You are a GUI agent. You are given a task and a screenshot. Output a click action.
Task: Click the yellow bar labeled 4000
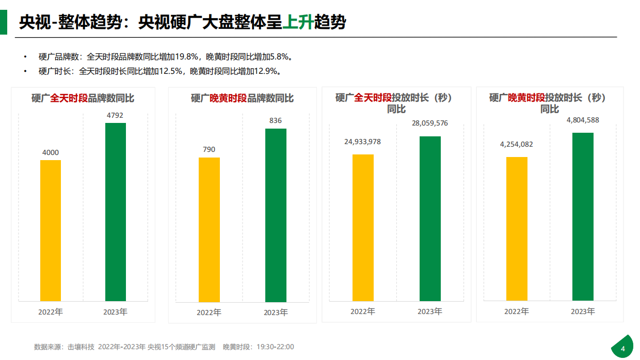[51, 230]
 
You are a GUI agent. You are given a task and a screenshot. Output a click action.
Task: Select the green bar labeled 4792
[116, 212]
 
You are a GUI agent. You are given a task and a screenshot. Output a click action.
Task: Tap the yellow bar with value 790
[209, 229]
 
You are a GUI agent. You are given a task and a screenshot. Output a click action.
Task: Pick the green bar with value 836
[276, 215]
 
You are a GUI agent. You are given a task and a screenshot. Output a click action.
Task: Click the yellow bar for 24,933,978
[363, 227]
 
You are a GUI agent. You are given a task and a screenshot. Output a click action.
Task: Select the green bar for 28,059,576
[430, 218]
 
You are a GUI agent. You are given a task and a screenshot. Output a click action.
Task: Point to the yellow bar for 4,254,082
[517, 228]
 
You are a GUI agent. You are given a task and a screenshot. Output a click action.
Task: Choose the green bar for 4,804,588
[583, 216]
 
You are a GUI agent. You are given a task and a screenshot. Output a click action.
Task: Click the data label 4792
[115, 115]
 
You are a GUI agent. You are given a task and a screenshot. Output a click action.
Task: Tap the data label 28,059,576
[430, 123]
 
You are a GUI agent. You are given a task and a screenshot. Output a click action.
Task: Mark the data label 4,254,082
[516, 144]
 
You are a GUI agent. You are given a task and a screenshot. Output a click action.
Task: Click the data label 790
[209, 150]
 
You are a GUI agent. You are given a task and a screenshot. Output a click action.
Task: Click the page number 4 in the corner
[622, 349]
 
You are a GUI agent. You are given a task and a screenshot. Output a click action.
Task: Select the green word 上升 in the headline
[298, 22]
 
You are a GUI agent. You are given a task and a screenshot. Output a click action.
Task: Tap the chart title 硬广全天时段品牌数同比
[83, 98]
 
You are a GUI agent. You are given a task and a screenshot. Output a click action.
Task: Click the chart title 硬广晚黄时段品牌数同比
[242, 98]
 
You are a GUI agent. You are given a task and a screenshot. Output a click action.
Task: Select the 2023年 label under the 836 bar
[276, 312]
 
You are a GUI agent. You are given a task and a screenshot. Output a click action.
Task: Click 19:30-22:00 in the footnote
[275, 347]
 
